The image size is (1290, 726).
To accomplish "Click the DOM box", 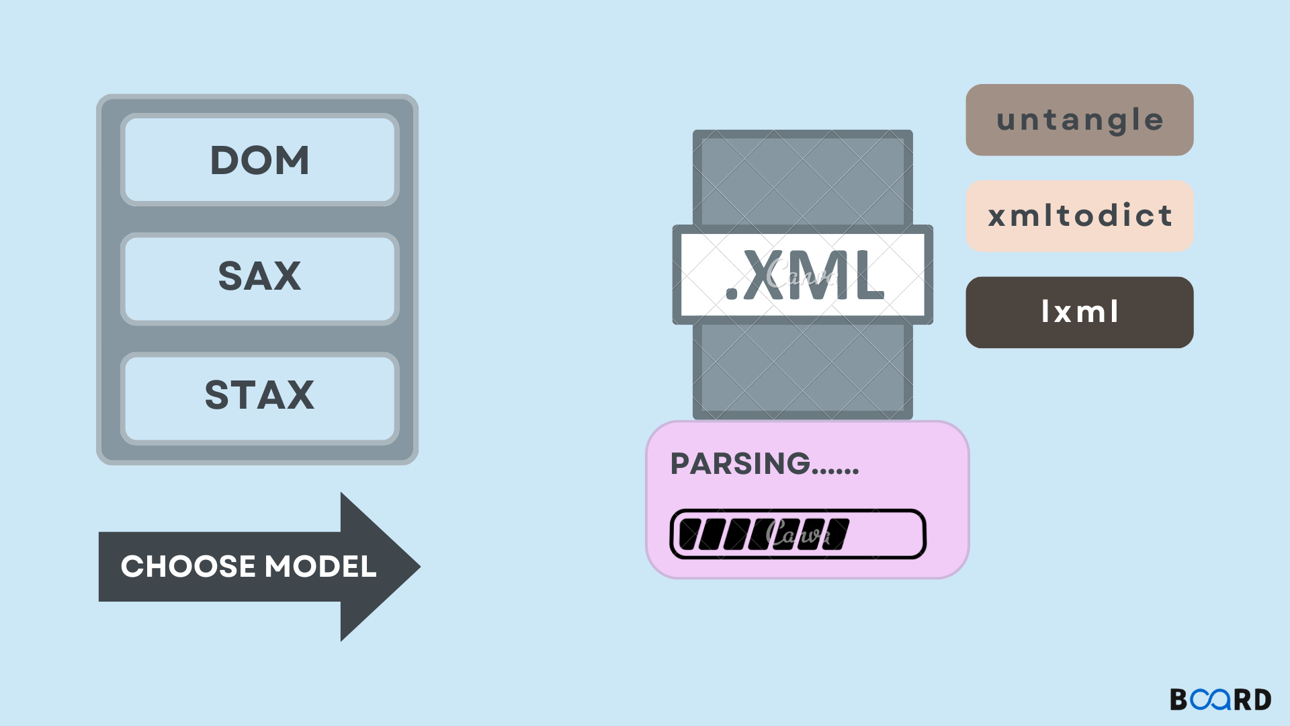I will (259, 160).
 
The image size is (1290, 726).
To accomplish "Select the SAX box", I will (259, 277).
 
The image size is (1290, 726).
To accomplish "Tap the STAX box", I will (259, 395).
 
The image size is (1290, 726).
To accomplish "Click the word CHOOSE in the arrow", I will (187, 567).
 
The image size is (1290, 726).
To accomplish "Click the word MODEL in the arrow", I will (320, 567).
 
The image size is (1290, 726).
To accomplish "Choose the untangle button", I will (1079, 120).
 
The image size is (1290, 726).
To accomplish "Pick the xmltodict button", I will (1079, 216).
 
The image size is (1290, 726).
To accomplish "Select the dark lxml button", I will (1079, 312).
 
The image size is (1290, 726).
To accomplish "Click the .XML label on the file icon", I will (803, 275).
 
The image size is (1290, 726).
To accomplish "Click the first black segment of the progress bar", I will (691, 534).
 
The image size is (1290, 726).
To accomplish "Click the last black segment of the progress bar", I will (836, 534).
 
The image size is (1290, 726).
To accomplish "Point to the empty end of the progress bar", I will (887, 534).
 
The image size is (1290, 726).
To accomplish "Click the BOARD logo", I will (1220, 700).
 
